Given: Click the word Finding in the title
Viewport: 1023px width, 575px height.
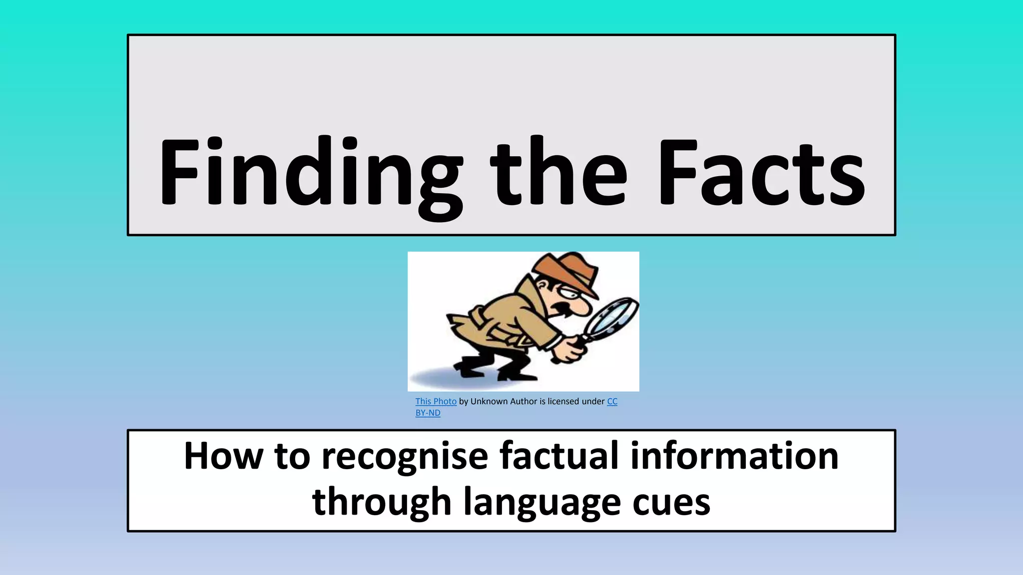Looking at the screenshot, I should (310, 172).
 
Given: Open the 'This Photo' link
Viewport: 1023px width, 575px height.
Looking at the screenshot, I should (436, 401).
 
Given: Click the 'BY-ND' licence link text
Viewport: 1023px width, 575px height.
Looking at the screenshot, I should (428, 413).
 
